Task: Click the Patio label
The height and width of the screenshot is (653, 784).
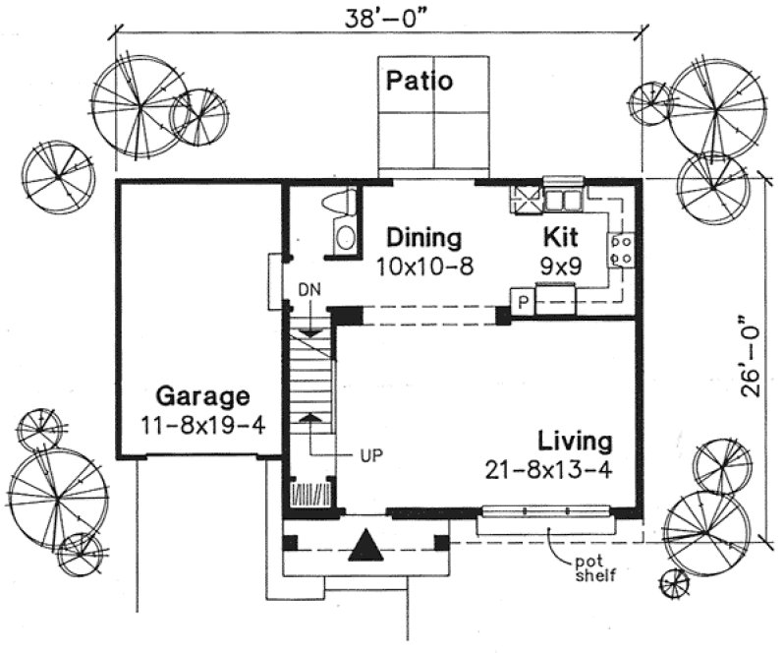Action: [419, 81]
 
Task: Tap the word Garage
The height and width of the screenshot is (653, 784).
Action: [201, 397]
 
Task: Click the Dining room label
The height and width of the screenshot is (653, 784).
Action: [423, 237]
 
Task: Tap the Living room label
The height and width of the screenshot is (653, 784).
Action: [575, 441]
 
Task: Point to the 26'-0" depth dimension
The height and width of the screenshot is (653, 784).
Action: [752, 355]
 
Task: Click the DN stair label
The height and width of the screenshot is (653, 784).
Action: [309, 292]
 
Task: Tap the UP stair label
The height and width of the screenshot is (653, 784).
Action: [370, 455]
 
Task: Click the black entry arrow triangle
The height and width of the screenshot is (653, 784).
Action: [364, 544]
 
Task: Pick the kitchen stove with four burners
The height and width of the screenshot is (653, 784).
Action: [621, 249]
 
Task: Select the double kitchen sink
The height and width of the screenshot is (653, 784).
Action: [564, 200]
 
